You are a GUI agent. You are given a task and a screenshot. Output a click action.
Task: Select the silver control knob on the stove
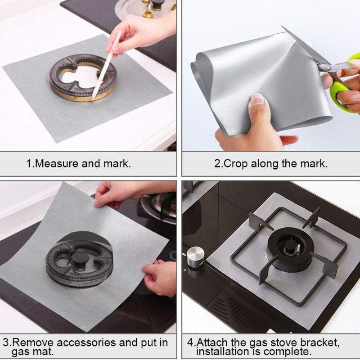[x=196, y=256]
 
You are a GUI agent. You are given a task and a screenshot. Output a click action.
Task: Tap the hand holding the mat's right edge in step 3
[x=160, y=278]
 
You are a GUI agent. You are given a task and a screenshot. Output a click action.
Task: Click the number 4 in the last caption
[x=190, y=342]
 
